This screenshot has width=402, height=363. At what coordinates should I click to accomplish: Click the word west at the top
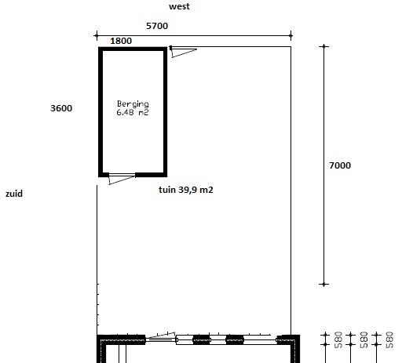click(x=179, y=6)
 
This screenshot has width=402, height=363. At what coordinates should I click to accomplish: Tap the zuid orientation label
click(x=14, y=194)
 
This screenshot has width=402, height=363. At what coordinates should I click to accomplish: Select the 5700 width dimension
click(x=157, y=26)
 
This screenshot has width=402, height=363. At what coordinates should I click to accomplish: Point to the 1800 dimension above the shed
click(x=121, y=41)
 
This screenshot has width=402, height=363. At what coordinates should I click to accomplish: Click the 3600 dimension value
click(x=61, y=108)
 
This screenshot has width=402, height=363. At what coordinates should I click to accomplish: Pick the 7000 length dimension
click(x=340, y=165)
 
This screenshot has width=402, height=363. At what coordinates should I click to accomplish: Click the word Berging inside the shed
click(x=133, y=104)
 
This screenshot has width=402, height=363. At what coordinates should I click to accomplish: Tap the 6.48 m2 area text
click(x=133, y=112)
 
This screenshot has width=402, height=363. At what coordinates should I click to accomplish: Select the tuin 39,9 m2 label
click(x=186, y=190)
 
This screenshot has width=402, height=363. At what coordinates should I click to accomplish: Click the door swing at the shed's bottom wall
click(x=122, y=179)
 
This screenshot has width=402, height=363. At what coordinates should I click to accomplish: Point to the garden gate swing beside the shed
click(x=183, y=52)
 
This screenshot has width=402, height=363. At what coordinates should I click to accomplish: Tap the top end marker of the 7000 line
click(x=324, y=46)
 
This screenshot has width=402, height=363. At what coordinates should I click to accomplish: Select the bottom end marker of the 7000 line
click(x=324, y=284)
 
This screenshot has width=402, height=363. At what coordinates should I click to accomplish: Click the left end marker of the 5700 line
click(x=97, y=35)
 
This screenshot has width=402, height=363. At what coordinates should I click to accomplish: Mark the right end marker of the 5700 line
click(x=291, y=35)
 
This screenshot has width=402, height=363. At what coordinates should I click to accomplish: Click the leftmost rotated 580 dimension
click(x=338, y=339)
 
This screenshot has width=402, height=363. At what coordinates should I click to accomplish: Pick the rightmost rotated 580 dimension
click(x=389, y=339)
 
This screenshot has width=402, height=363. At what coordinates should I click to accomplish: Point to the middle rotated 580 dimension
click(x=364, y=339)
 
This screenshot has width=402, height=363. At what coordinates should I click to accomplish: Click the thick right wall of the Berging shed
click(x=166, y=112)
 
